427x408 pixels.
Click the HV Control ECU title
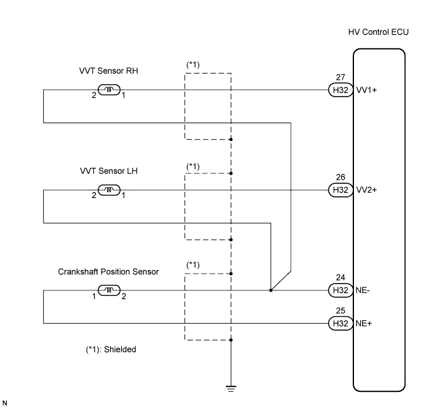378,32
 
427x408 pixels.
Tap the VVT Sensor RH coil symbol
110,90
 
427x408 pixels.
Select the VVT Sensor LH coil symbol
110,189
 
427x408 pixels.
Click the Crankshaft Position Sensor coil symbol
110,290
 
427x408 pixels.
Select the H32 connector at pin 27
339,90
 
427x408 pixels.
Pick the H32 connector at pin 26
339,189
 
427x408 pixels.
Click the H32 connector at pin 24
339,290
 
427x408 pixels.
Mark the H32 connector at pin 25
339,323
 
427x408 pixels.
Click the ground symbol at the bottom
231,388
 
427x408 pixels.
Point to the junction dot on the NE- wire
271,290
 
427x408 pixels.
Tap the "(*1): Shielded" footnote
111,350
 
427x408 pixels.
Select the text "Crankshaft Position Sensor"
108,271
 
